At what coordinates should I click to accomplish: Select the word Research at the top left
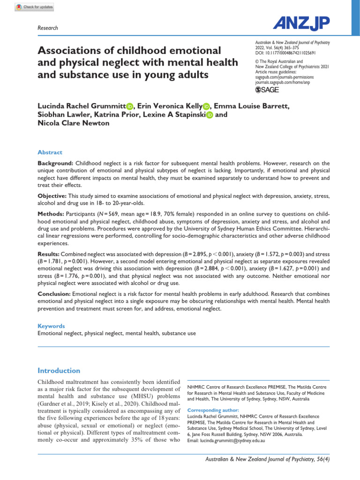(47, 28)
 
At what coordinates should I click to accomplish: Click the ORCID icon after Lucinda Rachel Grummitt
(129, 107)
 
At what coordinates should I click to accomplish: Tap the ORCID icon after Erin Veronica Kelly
(207, 107)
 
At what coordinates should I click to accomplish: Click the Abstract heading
(49, 152)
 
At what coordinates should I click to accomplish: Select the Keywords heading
(51, 326)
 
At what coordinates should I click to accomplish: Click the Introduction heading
(59, 370)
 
